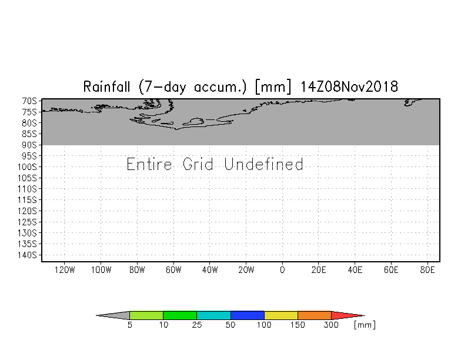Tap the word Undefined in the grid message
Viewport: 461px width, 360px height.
pos(264,164)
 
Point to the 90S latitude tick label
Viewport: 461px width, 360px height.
pos(30,145)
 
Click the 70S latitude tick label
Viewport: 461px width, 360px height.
pos(30,101)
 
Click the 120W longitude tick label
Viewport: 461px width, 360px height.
pos(64,270)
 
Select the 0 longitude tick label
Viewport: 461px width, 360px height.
pos(282,270)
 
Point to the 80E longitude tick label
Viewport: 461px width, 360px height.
pos(427,270)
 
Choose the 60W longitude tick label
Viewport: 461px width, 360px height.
pos(173,270)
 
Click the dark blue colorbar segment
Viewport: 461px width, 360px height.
pos(247,315)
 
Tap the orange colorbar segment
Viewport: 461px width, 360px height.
pos(315,315)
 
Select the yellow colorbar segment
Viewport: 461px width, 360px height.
pos(281,315)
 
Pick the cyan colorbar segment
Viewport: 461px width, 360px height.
pos(213,315)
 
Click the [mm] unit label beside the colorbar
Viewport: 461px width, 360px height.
pos(364,325)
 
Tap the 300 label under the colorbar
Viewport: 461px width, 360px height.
pos(332,325)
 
